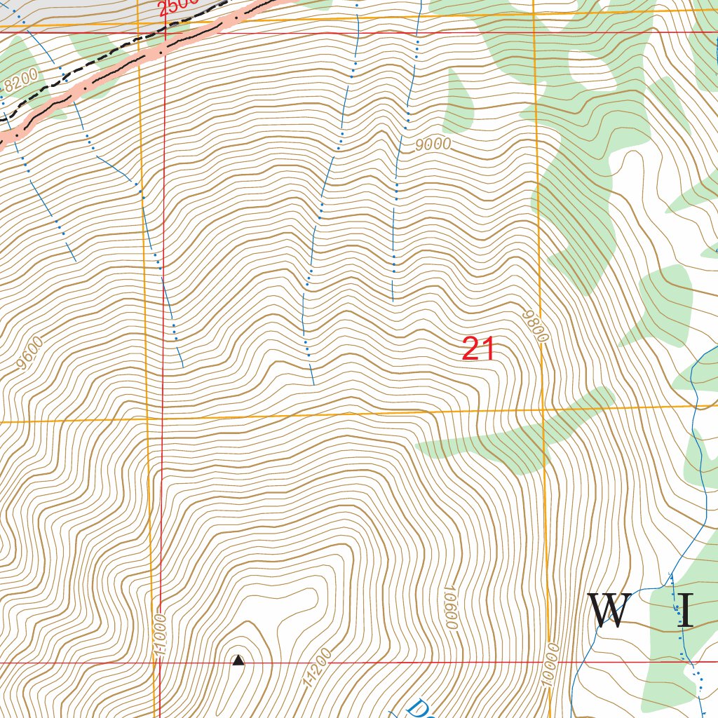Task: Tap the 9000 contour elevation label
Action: tap(432, 145)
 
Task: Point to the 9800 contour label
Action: tap(534, 327)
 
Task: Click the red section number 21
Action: tap(479, 349)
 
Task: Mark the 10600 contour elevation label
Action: tap(450, 607)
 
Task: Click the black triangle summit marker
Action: tap(238, 660)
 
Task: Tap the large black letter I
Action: tap(685, 611)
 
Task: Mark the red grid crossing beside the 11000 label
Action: tap(160, 662)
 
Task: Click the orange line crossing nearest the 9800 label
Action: tap(543, 407)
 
